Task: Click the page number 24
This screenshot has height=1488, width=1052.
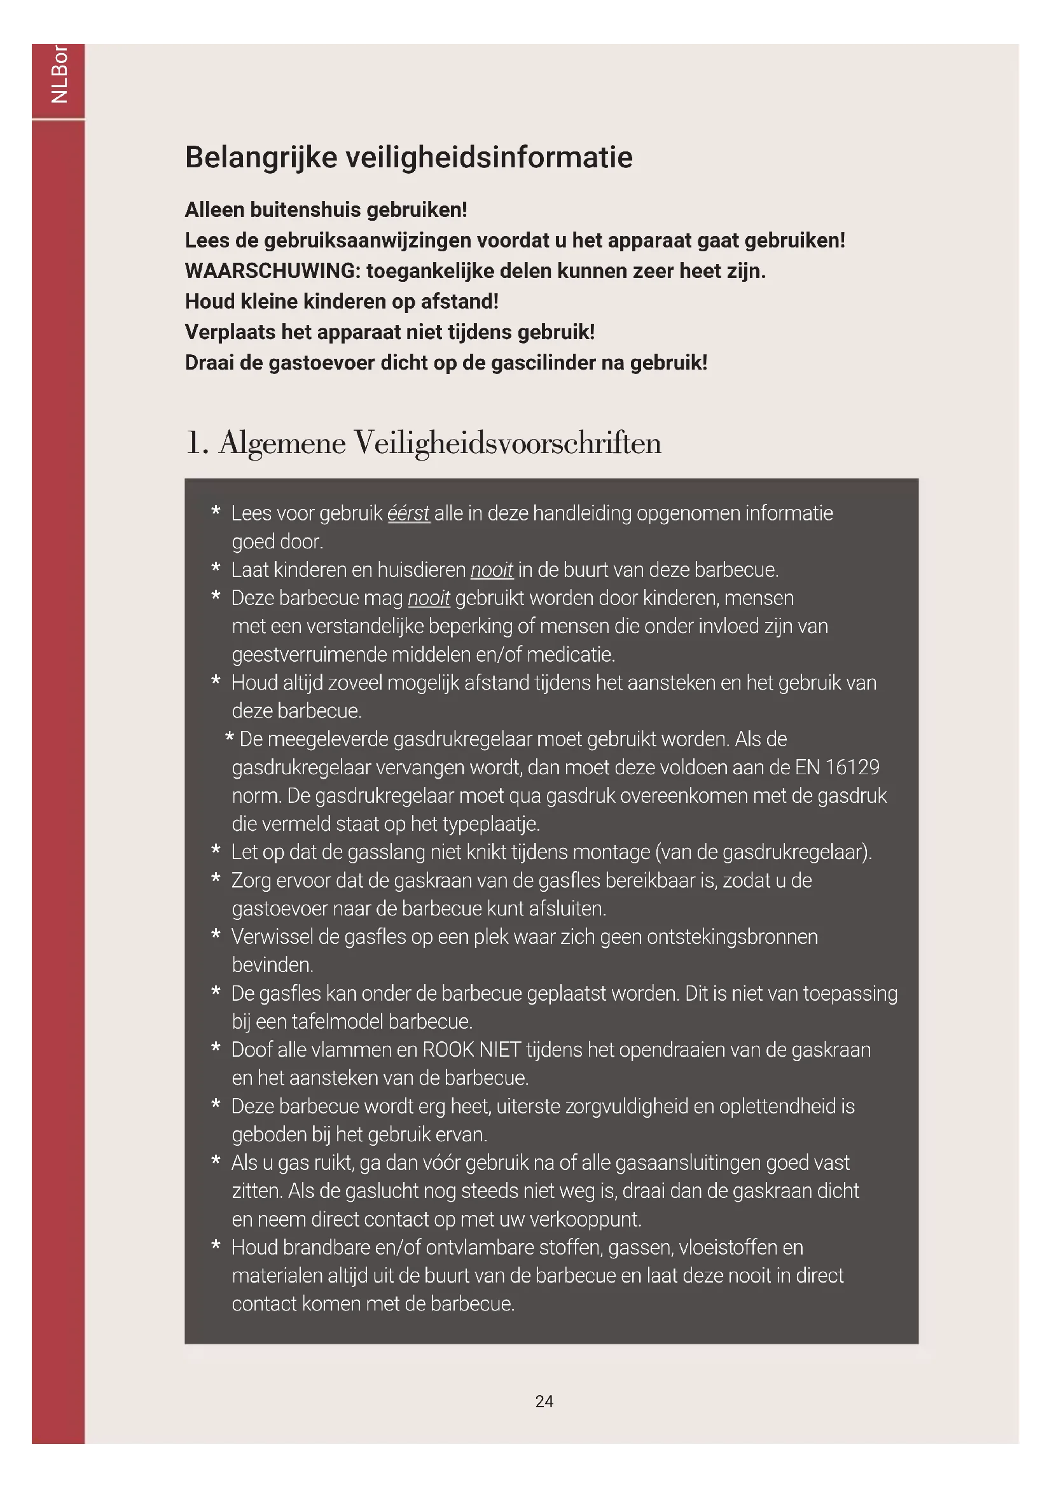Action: point(544,1401)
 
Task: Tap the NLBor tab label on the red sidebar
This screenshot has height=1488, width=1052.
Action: point(59,74)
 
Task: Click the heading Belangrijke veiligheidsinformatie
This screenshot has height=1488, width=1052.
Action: point(409,158)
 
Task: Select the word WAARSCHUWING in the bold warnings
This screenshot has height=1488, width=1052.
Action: point(272,271)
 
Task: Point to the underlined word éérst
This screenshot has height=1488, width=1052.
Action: point(408,513)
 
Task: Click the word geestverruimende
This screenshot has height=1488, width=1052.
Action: point(310,655)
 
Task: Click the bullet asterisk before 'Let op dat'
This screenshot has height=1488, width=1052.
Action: point(216,851)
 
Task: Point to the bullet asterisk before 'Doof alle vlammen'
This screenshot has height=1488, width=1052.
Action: point(216,1048)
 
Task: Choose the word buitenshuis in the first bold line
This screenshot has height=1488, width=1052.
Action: point(305,210)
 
